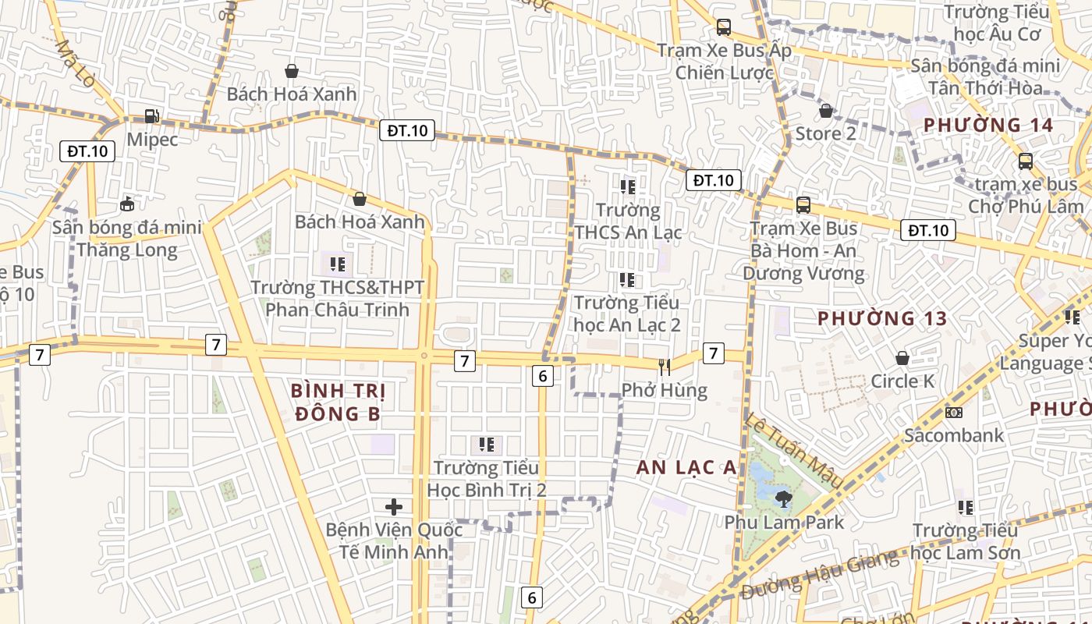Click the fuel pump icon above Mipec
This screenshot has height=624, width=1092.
152,117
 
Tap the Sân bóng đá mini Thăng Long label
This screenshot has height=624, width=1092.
127,239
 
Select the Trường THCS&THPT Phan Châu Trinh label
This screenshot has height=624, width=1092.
337,299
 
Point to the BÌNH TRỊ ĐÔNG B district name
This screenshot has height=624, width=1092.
338,402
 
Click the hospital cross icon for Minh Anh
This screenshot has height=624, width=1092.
394,508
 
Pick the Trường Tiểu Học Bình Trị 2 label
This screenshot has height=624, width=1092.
486,479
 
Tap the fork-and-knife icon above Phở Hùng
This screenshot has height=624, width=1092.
664,367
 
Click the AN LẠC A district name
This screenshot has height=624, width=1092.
686,467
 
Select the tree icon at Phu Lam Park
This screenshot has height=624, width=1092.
783,498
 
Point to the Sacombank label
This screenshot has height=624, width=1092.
953,435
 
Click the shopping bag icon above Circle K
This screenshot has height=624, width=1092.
902,358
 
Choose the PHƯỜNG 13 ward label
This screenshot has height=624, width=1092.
882,318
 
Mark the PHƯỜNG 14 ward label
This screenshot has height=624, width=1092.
988,125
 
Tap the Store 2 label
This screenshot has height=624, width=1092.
825,133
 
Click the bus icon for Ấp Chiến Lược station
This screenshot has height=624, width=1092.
724,27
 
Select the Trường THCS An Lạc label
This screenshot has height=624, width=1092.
628,222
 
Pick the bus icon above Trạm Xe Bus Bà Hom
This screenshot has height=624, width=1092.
803,205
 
